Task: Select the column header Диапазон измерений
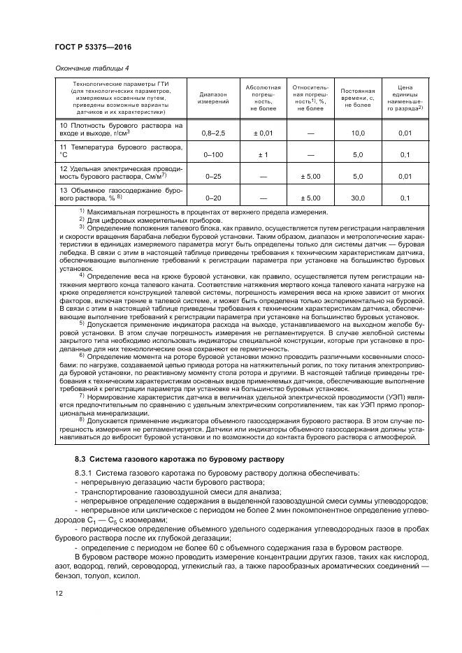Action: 213,98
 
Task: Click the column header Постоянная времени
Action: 357,98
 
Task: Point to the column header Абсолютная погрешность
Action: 263,98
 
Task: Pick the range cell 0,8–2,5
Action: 213,132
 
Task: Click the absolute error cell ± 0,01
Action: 263,132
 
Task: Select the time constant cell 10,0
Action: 357,132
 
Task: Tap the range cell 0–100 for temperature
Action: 213,154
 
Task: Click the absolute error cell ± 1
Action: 263,154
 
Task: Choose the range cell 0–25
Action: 213,177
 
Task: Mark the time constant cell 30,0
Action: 357,199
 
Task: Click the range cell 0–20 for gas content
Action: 213,199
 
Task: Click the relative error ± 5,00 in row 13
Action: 310,199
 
